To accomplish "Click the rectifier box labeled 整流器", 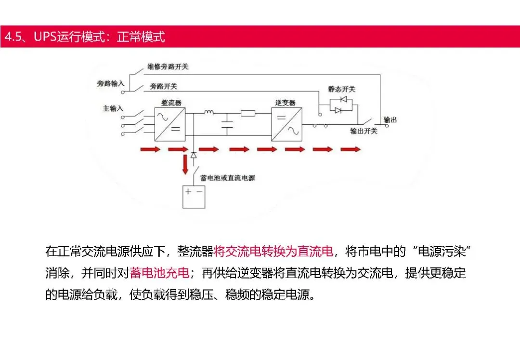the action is pos(169,124).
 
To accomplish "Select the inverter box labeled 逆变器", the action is pos(286,124).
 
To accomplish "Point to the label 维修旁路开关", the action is pos(168,67).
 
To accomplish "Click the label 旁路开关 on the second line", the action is pos(163,86).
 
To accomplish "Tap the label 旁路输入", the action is pos(111,83).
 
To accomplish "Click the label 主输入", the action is pos(113,108).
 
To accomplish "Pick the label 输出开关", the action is pos(364,131).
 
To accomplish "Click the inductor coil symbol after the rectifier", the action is pos(208,113).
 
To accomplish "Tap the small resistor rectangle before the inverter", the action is pos(248,113).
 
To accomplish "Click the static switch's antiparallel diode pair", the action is pos(340,105).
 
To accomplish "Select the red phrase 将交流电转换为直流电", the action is pos(273,252).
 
